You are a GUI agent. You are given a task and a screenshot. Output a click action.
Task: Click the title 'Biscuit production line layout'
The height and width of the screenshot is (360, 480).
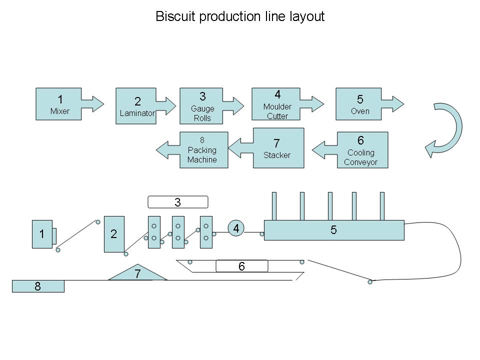click(x=240, y=16)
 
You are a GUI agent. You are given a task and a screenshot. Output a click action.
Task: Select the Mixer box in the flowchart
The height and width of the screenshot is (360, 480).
click(x=59, y=104)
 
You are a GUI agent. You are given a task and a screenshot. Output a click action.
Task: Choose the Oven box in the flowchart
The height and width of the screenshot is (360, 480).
click(x=359, y=104)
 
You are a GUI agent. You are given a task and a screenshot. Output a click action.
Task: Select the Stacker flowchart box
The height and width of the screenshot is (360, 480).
click(x=278, y=148)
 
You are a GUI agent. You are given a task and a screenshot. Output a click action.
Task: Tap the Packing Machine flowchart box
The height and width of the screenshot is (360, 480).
click(x=203, y=150)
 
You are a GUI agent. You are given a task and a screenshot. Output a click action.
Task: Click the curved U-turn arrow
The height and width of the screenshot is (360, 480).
click(x=447, y=130)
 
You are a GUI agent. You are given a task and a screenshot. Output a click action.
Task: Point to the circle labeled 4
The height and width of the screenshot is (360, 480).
click(x=236, y=228)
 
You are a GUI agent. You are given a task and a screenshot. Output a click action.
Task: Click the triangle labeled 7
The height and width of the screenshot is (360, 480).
click(x=137, y=273)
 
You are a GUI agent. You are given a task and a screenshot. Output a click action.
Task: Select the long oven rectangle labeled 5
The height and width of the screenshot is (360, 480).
click(x=334, y=230)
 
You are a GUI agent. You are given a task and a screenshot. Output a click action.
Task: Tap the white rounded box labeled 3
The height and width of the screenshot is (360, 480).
click(x=177, y=202)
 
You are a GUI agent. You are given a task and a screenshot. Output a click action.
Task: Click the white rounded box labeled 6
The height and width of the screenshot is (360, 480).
click(x=241, y=266)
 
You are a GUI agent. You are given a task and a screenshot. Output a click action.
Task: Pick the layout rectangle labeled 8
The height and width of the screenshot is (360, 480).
click(x=38, y=286)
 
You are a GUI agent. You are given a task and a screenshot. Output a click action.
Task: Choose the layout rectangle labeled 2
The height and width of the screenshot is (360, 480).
click(x=114, y=233)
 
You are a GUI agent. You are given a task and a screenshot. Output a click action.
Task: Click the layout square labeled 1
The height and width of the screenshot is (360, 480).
click(x=42, y=233)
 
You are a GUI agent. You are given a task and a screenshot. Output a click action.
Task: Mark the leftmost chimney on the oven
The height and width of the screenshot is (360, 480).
click(x=274, y=205)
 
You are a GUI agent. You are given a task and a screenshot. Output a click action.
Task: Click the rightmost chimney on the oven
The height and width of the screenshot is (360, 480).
click(x=382, y=205)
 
